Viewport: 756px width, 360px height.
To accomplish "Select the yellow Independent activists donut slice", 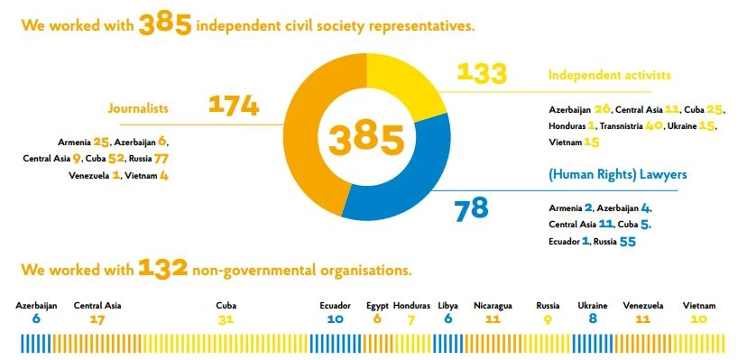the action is pyautogui.click(x=410, y=83).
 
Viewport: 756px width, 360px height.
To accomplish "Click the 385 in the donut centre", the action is pyautogui.click(x=366, y=139).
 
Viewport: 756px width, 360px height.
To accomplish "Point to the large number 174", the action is pyautogui.click(x=234, y=106).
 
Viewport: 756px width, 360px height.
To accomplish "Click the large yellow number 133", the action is pyautogui.click(x=482, y=73).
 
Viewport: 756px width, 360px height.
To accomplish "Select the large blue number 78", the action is pyautogui.click(x=471, y=209).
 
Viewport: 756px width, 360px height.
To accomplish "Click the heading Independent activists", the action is pyautogui.click(x=610, y=75).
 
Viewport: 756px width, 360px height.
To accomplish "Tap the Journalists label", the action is pyautogui.click(x=138, y=108).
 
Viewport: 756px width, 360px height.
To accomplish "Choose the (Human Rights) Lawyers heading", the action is pyautogui.click(x=618, y=174).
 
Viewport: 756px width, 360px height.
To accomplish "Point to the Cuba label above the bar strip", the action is pyautogui.click(x=226, y=306).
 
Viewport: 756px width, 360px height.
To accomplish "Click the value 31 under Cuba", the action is pyautogui.click(x=226, y=319).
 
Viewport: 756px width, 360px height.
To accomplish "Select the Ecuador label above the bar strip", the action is pyautogui.click(x=335, y=306).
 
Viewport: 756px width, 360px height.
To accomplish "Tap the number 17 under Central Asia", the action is pyautogui.click(x=97, y=319).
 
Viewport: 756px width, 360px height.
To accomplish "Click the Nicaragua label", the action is pyautogui.click(x=493, y=306).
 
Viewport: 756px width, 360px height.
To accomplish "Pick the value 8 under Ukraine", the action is pyautogui.click(x=593, y=319).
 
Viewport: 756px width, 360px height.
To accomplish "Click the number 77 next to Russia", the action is pyautogui.click(x=161, y=159).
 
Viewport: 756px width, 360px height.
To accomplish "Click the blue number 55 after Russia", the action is pyautogui.click(x=627, y=242).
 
